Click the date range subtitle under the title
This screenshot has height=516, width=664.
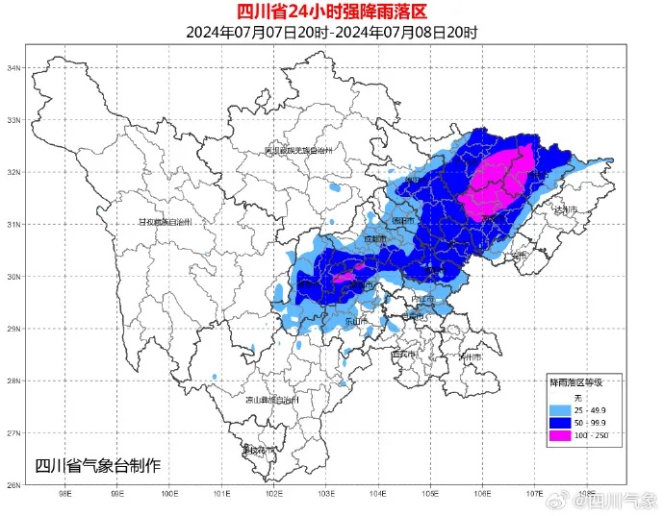[331, 32]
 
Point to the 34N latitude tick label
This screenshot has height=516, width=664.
[14, 68]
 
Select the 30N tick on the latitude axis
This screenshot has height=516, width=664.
[14, 277]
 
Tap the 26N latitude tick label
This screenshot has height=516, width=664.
[14, 485]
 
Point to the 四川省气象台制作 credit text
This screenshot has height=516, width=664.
[98, 466]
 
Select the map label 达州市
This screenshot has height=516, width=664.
[565, 209]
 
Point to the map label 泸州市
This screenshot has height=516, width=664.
[472, 356]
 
